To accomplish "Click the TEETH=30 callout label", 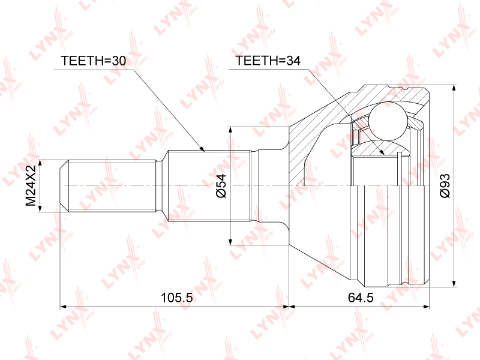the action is pos(94,61).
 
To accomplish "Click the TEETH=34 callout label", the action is pos(268,61).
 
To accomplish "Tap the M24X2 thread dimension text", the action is pos(31,185).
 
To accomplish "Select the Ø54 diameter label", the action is pos(221,185).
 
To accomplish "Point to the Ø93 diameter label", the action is pos(445,185).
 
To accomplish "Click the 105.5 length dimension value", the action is pos(176,297).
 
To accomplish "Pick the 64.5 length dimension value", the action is pos(361,297).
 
